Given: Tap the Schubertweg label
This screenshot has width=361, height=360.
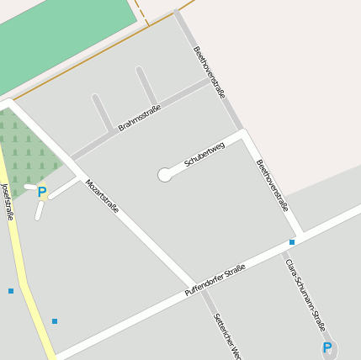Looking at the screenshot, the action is pos(204,154).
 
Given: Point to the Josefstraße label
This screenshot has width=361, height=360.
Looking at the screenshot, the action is pos(8,201).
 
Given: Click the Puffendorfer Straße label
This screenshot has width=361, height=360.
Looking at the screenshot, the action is pos(215,281).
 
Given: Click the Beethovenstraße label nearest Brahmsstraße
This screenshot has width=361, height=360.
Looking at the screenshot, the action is pos(210,72).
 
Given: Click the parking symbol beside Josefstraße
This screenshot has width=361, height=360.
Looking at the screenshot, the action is pos(42,192).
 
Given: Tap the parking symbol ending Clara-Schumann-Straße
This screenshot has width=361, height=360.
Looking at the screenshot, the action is pos(327,347).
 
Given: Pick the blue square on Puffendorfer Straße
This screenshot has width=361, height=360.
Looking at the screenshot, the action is pos(292,242).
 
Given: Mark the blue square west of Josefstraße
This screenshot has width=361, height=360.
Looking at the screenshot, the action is pos(11,291).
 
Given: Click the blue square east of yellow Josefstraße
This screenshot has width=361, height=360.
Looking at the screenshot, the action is pos(55,321).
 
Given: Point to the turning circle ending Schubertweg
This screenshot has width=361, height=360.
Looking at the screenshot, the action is pos(165,175).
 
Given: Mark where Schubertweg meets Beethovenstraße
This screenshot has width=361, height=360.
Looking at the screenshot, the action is pos(244,134).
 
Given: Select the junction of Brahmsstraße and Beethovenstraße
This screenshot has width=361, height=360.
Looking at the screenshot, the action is pos(210,81).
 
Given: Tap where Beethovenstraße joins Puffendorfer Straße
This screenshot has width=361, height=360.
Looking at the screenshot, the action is pos(299,233).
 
